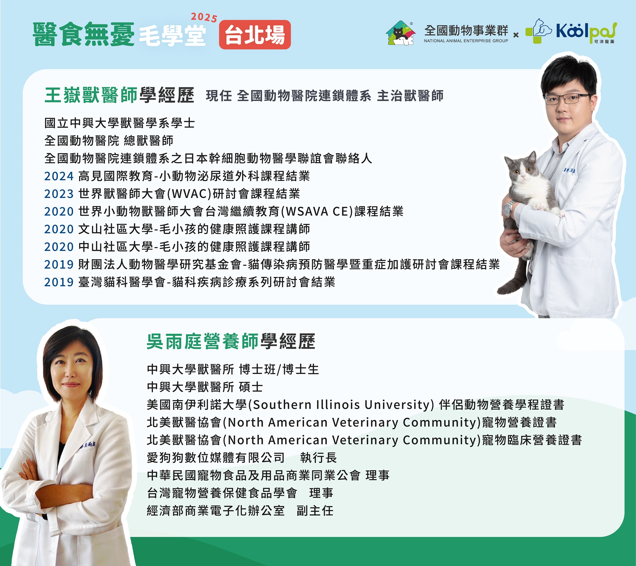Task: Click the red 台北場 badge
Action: pyautogui.click(x=255, y=35)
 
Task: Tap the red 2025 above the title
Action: pyautogui.click(x=204, y=17)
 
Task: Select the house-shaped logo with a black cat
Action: pyautogui.click(x=401, y=33)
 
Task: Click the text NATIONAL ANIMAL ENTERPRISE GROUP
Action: pyautogui.click(x=466, y=41)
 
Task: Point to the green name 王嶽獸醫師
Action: pyautogui.click(x=91, y=95)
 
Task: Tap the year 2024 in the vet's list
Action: pyautogui.click(x=59, y=176)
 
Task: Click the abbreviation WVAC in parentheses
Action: pyautogui.click(x=189, y=194)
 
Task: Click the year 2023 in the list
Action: pyautogui.click(x=59, y=194)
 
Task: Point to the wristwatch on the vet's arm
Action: pyautogui.click(x=508, y=209)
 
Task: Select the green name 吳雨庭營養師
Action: pyautogui.click(x=203, y=342)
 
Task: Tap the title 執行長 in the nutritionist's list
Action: pyautogui.click(x=318, y=458)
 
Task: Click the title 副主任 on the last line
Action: pyautogui.click(x=315, y=511)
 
